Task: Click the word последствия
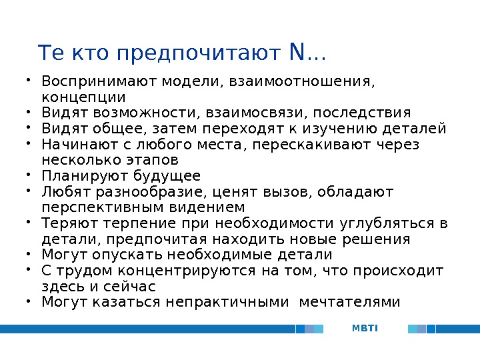pos(362,112)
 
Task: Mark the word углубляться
pos(386,223)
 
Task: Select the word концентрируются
pos(185,271)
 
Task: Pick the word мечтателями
pos(350,303)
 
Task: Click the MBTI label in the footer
pos(365,328)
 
